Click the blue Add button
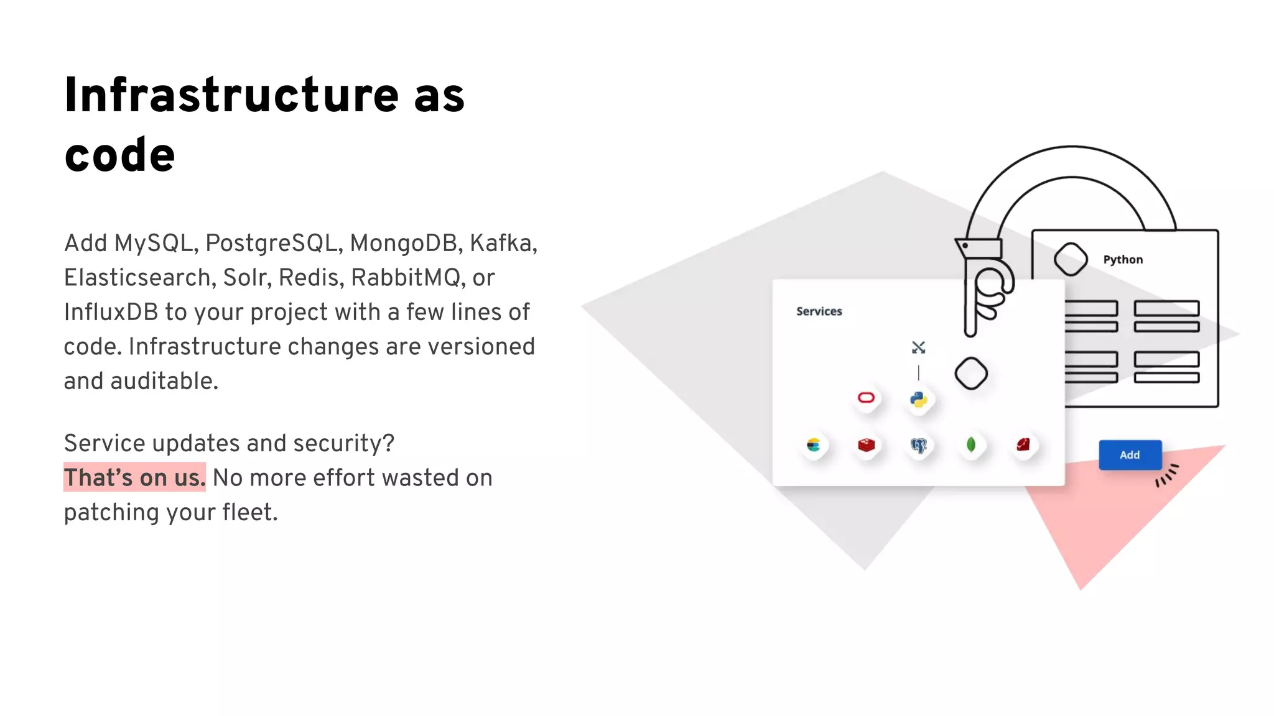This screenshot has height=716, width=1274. pos(1130,455)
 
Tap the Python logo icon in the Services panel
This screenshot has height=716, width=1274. pos(918,400)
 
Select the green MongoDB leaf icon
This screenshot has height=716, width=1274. pos(970,445)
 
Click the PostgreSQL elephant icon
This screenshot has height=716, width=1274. pos(918,446)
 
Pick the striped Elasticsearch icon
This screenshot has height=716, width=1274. pos(813,445)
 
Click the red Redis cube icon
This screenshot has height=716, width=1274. pos(866,445)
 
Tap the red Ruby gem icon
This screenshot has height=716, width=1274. pos(1023,444)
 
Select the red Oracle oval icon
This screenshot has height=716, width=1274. pos(866,398)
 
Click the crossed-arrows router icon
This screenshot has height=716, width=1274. pos(918,347)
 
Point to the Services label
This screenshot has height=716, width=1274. pos(819,311)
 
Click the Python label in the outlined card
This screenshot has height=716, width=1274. pos(1123,260)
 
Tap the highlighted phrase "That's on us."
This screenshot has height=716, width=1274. pos(134,477)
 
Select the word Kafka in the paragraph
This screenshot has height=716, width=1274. pos(503,243)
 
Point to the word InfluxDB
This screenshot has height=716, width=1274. pos(111,312)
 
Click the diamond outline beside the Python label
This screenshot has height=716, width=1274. pos(1071,259)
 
